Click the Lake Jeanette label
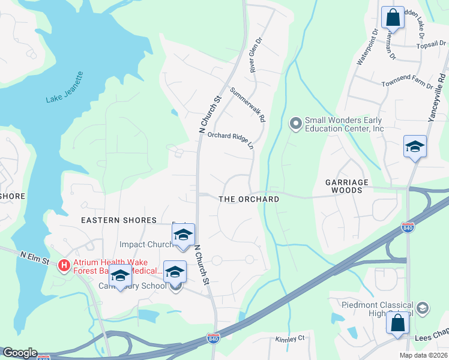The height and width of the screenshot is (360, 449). coord(65,88)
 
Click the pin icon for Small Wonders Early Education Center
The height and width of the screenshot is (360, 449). coord(295,124)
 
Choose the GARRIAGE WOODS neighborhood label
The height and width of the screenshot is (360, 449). coord(352,185)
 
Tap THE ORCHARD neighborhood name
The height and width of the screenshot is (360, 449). coord(249,199)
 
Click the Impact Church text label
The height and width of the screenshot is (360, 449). coord(146,244)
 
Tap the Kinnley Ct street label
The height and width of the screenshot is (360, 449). coord(290,339)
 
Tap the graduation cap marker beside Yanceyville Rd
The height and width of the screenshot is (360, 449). coord(415,147)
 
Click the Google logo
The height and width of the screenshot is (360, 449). coord(19,353)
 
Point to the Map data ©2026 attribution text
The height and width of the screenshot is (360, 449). coord(423,355)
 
